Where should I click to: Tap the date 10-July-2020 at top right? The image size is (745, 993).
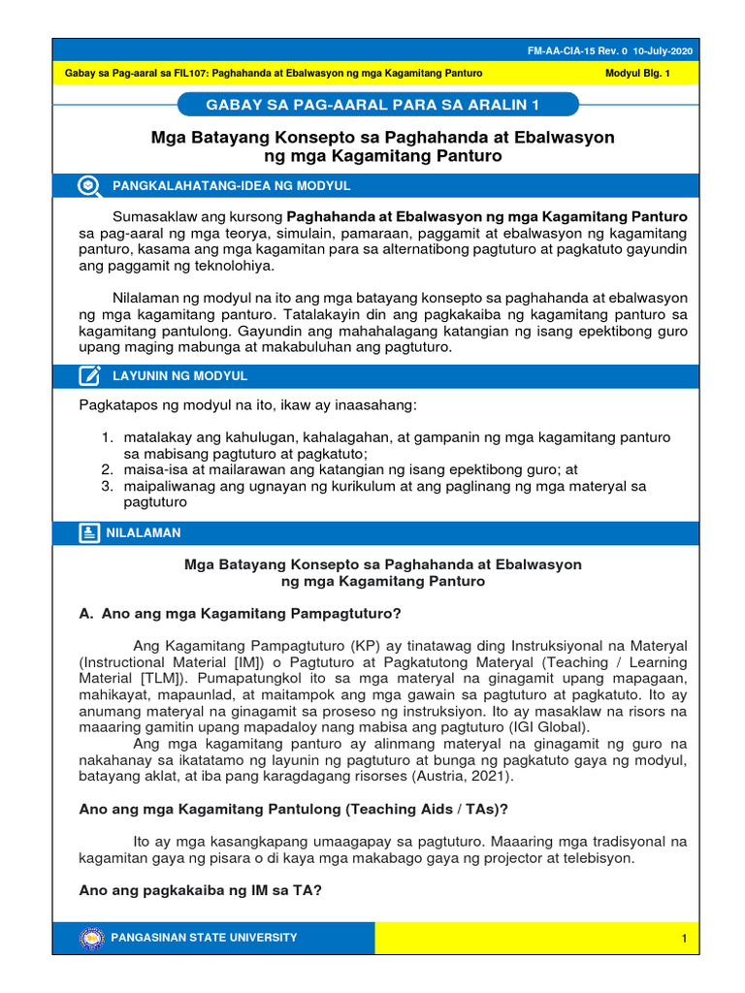click(x=665, y=51)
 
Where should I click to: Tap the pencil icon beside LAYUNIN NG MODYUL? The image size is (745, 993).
click(x=89, y=375)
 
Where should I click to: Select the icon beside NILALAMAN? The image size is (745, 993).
click(x=89, y=532)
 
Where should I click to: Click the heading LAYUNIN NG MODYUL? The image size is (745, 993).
click(x=180, y=375)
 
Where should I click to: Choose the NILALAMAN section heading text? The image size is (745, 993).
click(x=146, y=532)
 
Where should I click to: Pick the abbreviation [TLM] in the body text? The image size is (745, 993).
click(x=171, y=677)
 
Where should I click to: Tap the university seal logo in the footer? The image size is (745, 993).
click(x=91, y=938)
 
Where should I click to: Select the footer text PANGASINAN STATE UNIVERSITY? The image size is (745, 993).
click(x=205, y=938)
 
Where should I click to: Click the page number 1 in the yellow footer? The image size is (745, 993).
click(x=684, y=939)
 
